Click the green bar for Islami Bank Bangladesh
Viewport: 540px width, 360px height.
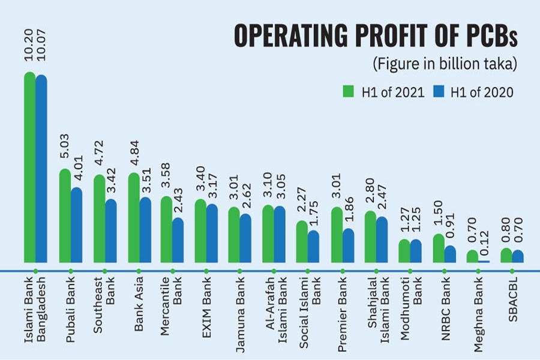coord(29,168)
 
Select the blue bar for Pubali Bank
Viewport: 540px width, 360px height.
coord(76,225)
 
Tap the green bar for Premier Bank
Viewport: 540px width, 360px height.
coord(337,235)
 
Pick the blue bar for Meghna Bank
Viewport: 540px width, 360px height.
coord(484,261)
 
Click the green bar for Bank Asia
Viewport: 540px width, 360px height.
coord(133,218)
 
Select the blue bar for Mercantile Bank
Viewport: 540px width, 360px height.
coord(178,240)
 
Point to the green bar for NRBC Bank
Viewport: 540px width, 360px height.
coord(439,248)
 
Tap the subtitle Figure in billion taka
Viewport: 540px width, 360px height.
coord(445,64)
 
